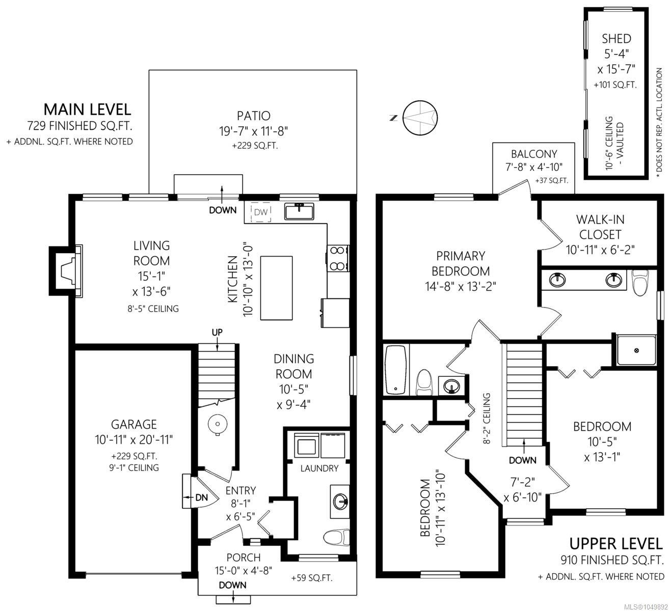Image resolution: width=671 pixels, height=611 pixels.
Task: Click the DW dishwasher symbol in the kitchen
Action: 260,212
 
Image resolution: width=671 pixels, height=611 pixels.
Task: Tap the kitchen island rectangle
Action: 276,288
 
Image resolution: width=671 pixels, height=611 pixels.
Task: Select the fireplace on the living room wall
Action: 66,271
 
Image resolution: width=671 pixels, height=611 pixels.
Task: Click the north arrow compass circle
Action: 420,118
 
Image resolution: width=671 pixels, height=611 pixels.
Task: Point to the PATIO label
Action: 254,116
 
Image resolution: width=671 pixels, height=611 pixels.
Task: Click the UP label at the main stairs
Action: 217,332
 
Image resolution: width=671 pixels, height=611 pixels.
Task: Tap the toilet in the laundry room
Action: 336,538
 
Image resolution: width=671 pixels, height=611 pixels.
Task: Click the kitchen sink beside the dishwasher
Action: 299,211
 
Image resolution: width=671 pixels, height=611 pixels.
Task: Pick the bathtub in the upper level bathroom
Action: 396,370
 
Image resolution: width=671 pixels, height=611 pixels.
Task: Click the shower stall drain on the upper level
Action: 636,350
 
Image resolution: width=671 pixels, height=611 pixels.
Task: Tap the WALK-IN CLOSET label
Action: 600,227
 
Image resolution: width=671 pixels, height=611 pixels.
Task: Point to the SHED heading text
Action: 616,39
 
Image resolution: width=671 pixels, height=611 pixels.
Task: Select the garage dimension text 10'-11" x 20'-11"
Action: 134,439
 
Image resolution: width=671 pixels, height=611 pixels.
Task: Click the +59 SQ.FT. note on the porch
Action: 312,578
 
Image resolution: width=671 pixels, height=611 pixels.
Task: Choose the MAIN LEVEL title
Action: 87,109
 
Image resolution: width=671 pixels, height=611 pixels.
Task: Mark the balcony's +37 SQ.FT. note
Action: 552,181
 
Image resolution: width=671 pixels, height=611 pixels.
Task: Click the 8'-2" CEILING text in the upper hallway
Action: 487,419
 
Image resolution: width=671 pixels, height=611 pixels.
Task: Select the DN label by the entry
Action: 201,497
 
